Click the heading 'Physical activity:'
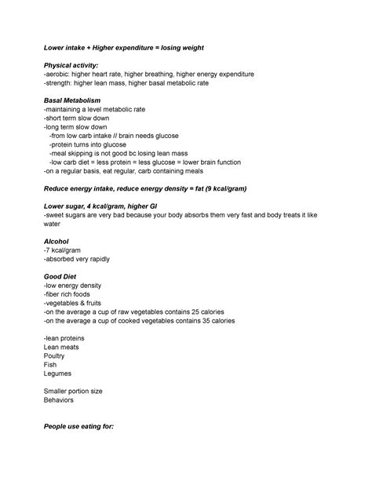tap(71, 64)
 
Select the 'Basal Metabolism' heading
tap(73, 100)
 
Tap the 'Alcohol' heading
tap(57, 242)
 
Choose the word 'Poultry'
tap(57, 355)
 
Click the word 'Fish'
tap(50, 365)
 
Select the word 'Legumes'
tap(59, 374)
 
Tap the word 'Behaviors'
tap(59, 400)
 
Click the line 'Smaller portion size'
tap(73, 391)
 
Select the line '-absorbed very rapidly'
tap(77, 259)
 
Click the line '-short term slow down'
tap(76, 118)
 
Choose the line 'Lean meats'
tap(61, 347)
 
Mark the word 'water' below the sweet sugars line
tap(52, 224)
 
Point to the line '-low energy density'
tap(74, 286)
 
